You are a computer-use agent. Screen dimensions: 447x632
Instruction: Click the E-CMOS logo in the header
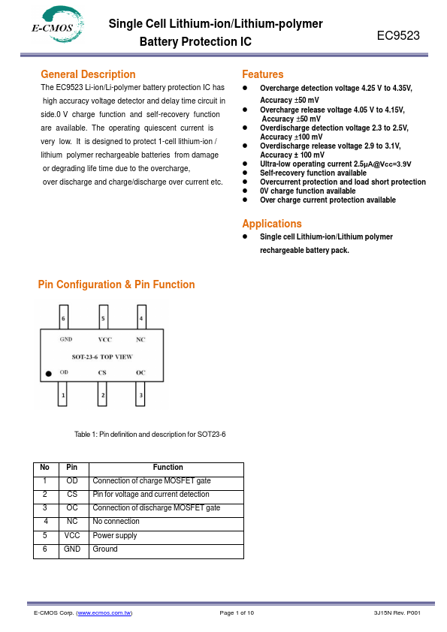pos(58,24)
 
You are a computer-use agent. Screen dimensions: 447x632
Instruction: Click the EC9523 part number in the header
pos(398,35)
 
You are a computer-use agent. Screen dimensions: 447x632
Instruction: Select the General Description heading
pos(88,74)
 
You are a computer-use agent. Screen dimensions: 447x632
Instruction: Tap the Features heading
pos(263,74)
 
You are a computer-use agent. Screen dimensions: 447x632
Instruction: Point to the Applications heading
pos(272,224)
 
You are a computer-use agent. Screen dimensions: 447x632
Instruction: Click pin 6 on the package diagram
pos(63,318)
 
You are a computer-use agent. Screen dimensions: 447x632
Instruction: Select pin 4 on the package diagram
pos(141,318)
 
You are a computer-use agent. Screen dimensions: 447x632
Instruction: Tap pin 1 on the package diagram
pos(62,394)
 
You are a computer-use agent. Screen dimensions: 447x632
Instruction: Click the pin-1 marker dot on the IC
pos(48,374)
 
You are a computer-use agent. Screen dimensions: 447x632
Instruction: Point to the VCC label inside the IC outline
pos(105,339)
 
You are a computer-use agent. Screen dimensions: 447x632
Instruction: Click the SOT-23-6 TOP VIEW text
pos(102,357)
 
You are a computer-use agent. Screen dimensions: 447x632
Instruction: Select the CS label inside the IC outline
pos(102,372)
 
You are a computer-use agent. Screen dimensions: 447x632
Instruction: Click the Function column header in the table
pos(168,467)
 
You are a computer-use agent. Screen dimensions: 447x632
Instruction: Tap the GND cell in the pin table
pos(72,549)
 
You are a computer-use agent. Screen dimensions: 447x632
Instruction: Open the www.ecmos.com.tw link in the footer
pos(104,613)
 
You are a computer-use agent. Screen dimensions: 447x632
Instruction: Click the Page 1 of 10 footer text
pos(237,613)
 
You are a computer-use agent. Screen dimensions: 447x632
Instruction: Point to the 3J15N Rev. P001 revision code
pos(397,613)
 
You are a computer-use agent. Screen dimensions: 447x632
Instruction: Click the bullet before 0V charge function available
pos(245,191)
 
